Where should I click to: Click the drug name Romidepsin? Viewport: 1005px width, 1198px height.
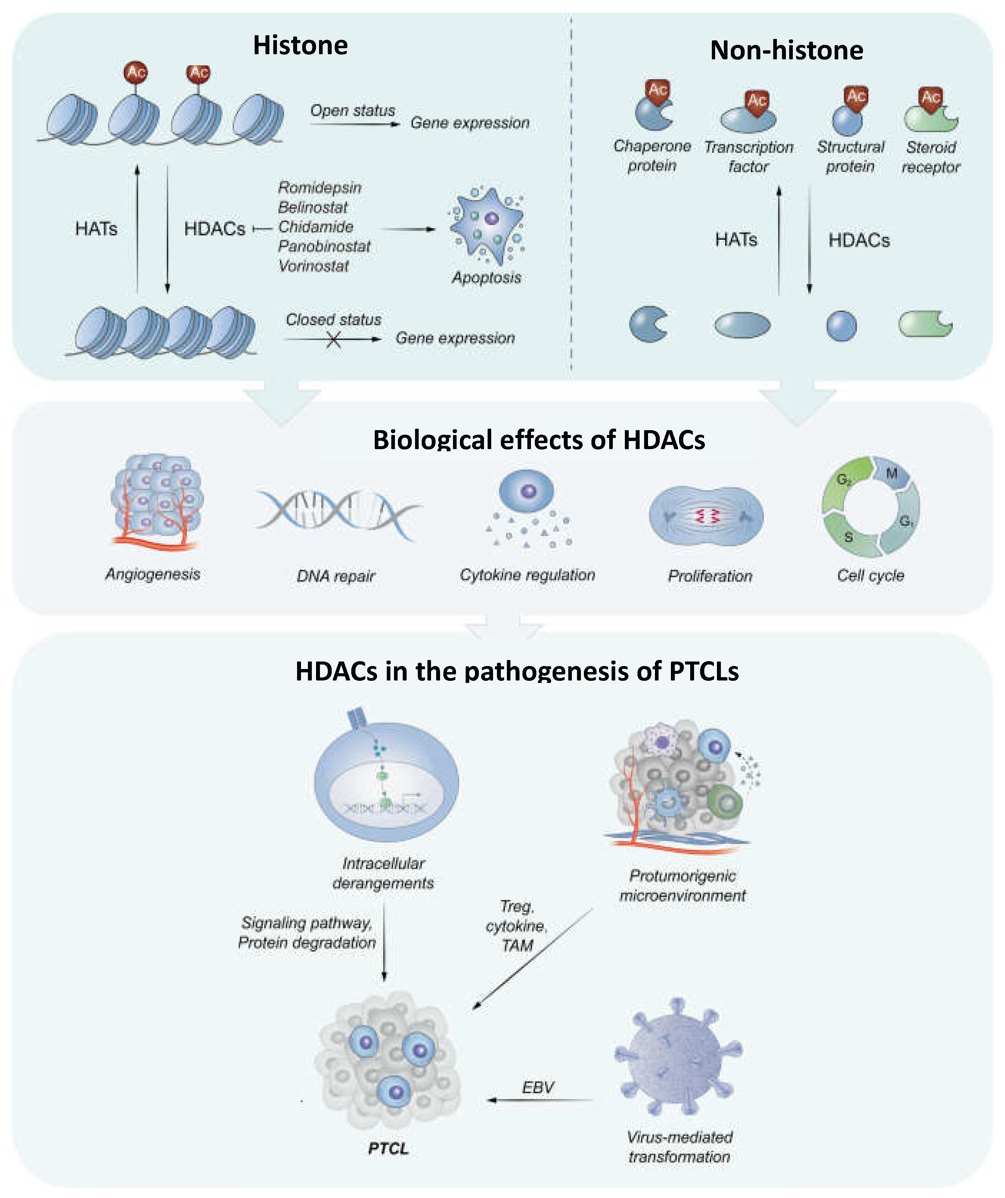click(319, 188)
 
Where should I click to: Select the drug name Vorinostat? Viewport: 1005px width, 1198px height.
click(313, 266)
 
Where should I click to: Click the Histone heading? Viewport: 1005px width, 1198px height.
click(300, 46)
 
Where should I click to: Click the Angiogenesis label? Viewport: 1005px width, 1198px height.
click(153, 574)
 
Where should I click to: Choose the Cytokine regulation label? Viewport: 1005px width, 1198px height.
click(527, 575)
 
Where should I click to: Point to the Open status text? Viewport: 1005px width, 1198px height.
click(352, 110)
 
